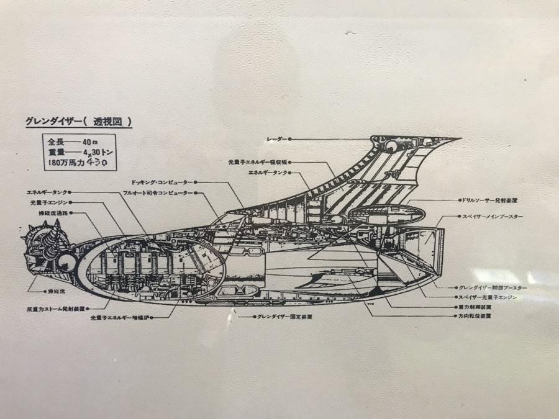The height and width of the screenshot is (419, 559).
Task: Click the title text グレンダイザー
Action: [x=49, y=122]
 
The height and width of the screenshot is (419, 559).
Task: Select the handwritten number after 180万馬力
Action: [x=98, y=163]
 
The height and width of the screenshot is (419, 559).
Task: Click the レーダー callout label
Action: [x=276, y=139]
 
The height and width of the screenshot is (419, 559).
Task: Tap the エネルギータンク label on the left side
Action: [x=47, y=192]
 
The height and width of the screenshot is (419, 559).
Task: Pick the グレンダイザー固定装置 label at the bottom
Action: [x=284, y=316]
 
